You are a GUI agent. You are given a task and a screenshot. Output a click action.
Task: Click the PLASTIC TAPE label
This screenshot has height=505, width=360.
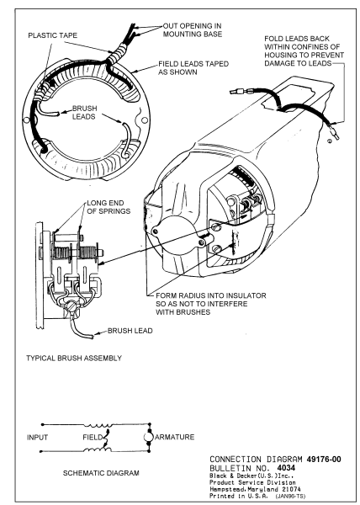53,35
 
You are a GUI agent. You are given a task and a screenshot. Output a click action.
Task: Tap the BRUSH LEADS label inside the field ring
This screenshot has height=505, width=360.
84,112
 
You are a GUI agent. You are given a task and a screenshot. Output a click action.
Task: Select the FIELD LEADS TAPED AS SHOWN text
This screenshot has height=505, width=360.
193,67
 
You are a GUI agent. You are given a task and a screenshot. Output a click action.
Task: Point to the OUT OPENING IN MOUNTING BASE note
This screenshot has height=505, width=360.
193,30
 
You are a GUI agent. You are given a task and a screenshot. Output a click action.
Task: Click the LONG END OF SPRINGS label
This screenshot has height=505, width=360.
109,207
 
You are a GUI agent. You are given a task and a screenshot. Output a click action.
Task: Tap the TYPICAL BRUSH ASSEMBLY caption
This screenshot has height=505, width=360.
74,359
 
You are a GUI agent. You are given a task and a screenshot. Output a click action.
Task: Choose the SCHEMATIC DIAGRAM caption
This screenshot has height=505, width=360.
101,473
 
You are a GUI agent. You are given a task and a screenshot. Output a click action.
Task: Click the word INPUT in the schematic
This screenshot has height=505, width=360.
37,438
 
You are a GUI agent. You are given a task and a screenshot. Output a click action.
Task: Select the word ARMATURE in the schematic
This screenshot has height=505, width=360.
175,437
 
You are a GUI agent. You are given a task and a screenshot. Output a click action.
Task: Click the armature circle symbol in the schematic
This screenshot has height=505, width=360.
149,437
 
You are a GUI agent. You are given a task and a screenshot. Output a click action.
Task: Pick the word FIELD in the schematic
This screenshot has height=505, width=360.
93,438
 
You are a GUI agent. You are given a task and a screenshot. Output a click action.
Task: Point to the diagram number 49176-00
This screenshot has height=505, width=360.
324,459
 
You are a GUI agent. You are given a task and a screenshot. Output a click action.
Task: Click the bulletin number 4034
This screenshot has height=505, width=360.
286,467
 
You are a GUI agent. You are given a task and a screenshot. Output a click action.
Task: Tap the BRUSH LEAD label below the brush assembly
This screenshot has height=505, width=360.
130,331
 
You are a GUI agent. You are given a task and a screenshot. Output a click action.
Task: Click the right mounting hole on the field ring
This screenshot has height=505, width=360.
145,120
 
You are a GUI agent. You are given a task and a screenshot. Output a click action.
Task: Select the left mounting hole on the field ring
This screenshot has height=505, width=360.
26,120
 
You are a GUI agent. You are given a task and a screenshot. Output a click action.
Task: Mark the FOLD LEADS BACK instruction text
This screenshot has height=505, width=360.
304,50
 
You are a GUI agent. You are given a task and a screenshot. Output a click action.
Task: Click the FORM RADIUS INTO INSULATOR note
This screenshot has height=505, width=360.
211,304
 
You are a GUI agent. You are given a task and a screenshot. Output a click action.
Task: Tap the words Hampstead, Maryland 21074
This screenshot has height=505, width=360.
255,489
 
